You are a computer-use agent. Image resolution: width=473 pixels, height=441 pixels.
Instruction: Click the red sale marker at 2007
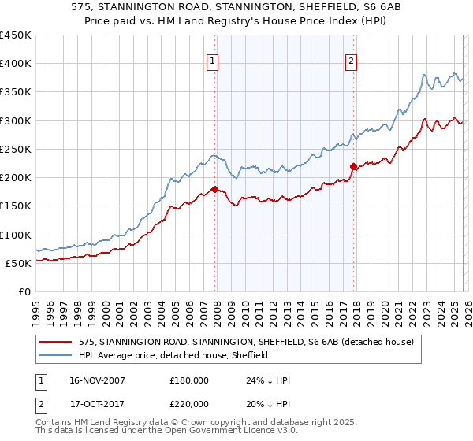(214, 189)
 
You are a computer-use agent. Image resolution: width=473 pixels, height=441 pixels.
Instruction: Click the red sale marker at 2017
(352, 166)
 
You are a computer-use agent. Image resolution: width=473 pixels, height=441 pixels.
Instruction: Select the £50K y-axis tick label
(18, 263)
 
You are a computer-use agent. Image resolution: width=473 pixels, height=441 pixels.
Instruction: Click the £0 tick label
(24, 291)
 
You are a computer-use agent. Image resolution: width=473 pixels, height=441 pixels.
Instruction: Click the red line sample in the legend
(56, 342)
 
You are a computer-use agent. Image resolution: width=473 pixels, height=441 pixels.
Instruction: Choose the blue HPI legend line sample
(56, 355)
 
